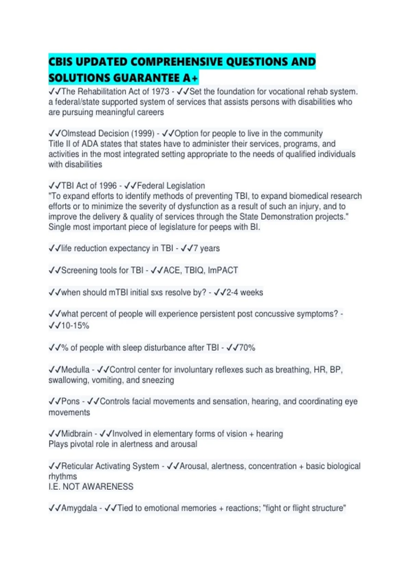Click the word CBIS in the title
tap(61, 62)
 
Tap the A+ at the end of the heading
tap(190, 78)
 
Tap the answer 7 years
tap(207, 248)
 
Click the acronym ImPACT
tap(223, 271)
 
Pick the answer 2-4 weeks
tap(245, 293)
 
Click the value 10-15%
tap(75, 325)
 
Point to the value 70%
tap(247, 348)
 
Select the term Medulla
tap(75, 370)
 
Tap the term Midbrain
tap(77, 434)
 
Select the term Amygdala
tap(79, 508)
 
